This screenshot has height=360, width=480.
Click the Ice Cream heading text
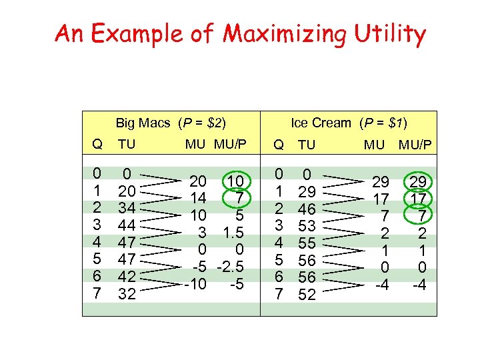coord(321,123)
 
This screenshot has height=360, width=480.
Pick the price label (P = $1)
coord(383,123)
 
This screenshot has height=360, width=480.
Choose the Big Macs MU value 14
coord(198,198)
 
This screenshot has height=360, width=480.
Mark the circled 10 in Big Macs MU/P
coord(237,181)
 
